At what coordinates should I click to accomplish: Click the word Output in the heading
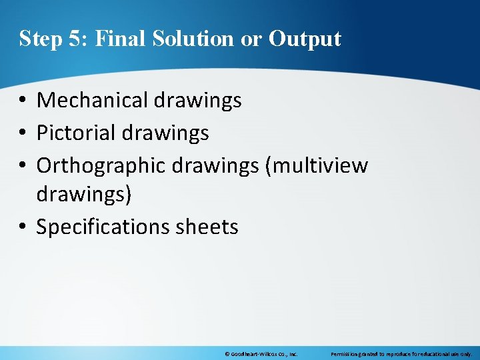click(x=305, y=39)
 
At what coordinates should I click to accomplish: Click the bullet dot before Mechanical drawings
click(x=23, y=101)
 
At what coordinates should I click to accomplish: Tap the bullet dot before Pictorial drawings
click(x=23, y=133)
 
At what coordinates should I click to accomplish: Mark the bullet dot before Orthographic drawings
click(x=23, y=165)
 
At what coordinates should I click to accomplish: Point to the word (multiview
click(x=316, y=165)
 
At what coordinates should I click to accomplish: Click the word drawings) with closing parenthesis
click(x=84, y=195)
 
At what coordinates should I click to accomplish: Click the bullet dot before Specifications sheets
click(x=23, y=227)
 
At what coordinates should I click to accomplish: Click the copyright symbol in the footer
click(x=227, y=354)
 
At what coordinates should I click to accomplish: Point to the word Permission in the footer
click(x=346, y=354)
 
